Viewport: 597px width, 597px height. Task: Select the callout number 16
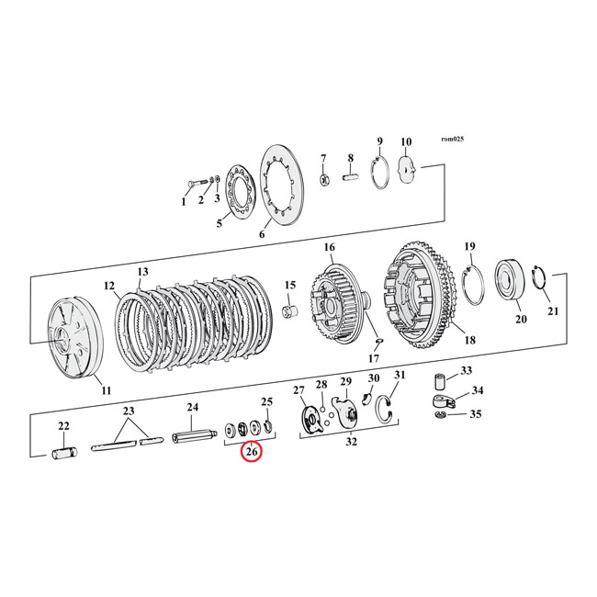point(329,248)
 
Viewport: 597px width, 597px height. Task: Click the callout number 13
point(142,273)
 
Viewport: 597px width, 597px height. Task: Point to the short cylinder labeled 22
point(64,452)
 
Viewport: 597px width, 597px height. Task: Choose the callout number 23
point(129,411)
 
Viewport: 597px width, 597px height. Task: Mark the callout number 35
point(475,415)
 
